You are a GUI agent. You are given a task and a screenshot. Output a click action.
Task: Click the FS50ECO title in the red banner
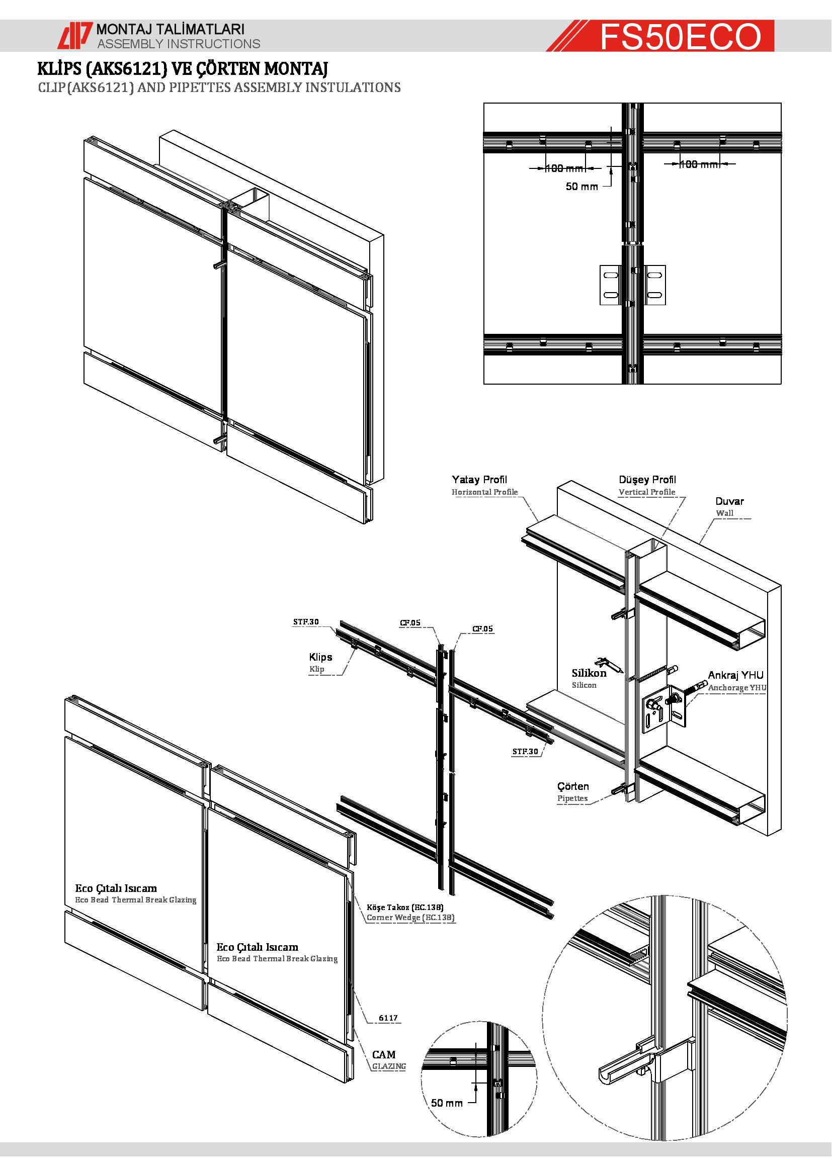pos(681,36)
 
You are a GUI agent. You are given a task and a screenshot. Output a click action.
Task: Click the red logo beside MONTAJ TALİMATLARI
pos(75,36)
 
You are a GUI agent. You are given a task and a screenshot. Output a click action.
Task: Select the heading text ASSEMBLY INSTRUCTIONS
pos(179,44)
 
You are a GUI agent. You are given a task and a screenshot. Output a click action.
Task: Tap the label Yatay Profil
pos(479,480)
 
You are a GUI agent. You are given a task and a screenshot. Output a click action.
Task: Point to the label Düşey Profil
pos(647,480)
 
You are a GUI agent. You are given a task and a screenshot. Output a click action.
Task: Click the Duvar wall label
pos(729,501)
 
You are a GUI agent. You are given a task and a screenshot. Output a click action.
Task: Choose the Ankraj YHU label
pos(735,675)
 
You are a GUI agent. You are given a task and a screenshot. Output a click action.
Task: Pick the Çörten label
pos(573,786)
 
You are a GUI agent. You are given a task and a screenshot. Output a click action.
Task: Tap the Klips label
pos(320,657)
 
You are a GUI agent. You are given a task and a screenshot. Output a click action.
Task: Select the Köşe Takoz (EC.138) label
pos(405,907)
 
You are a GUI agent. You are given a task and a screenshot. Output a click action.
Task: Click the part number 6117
pos(388,1018)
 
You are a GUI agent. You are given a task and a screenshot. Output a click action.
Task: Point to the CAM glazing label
pos(384,1055)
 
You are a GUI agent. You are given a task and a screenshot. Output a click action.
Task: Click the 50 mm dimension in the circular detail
pos(446,1103)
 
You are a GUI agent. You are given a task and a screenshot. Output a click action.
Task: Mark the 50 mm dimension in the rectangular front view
pos(581,187)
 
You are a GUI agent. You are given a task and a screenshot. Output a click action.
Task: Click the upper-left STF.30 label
pos(306,622)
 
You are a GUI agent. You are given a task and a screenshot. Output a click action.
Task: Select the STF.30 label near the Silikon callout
pos(525,751)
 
